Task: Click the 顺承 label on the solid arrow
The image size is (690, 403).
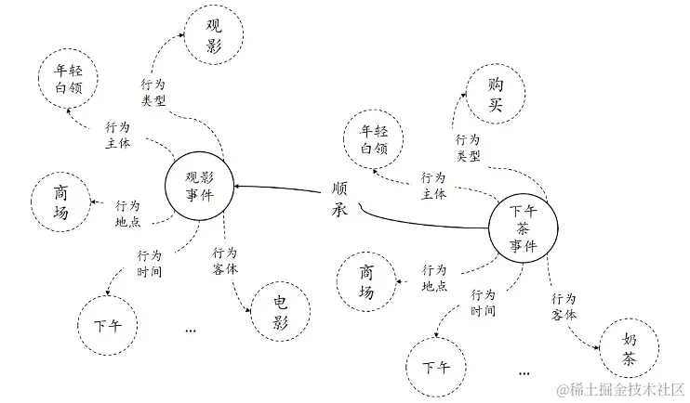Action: (341, 196)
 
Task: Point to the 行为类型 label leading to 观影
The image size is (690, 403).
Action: (154, 93)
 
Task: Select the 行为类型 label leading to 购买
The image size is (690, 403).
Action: (467, 147)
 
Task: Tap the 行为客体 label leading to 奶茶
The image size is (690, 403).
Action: (564, 306)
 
